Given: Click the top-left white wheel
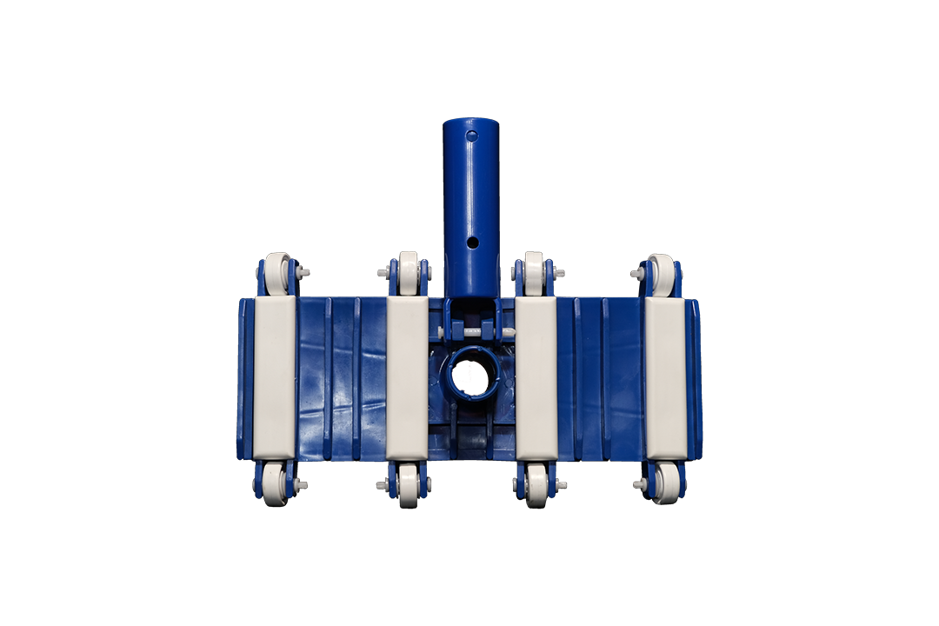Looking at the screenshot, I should [x=277, y=272].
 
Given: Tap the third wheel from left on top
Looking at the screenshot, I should [x=533, y=272].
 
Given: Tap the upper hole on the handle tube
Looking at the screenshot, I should [x=471, y=137].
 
